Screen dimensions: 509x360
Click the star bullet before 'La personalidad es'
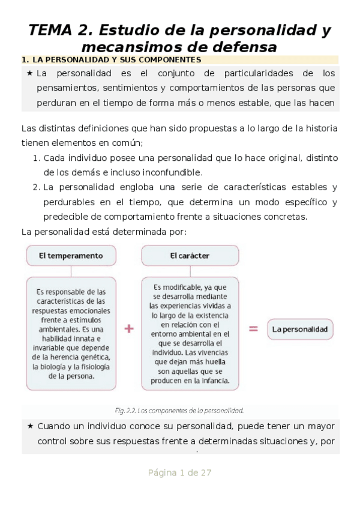coord(29,74)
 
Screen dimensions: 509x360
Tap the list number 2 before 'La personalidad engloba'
coord(36,187)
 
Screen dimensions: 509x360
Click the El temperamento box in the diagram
coord(70,256)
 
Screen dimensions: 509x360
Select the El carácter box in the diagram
coord(190,256)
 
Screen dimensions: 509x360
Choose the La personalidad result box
coord(299,329)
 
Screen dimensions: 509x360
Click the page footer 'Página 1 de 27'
coord(179,473)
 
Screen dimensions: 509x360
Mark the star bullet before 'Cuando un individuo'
coord(29,427)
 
